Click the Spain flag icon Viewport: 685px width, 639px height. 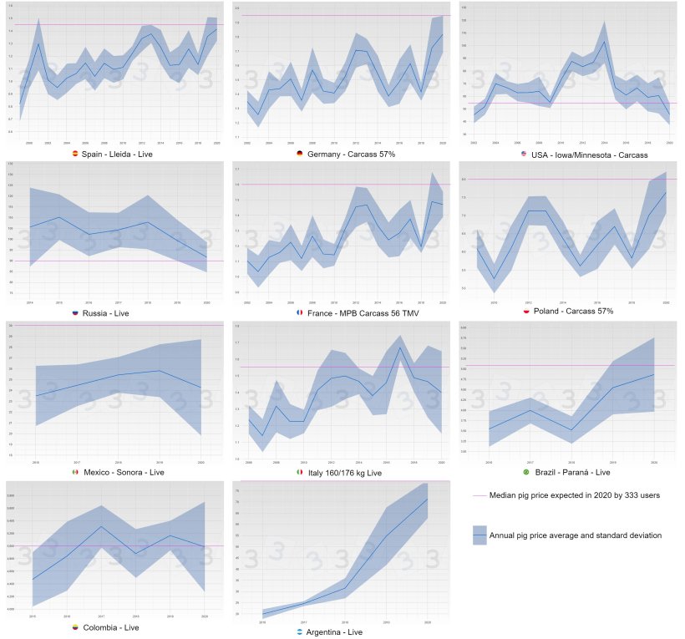pos(75,154)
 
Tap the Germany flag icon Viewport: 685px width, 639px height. pos(300,154)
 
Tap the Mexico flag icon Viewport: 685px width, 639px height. pos(75,473)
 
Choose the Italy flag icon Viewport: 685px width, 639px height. pos(300,473)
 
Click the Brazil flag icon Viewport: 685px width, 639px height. pos(525,473)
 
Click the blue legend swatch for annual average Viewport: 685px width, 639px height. pos(479,535)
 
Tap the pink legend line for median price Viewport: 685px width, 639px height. pos(479,495)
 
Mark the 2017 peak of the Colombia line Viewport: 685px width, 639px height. pos(101,526)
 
